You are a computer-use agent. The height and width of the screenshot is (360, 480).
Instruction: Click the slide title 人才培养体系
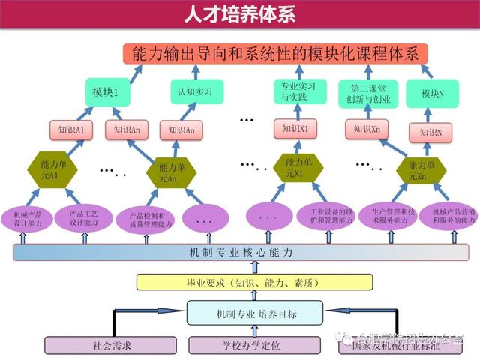pos(239,14)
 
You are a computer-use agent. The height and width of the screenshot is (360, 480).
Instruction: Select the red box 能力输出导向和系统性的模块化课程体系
pos(277,53)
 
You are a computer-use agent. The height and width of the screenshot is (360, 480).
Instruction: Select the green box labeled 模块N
pos(432,93)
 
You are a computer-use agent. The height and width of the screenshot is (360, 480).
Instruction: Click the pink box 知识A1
pos(71,130)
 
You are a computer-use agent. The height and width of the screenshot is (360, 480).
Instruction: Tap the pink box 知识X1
pos(294,129)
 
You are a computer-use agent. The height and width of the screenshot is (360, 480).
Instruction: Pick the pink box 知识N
pos(430,133)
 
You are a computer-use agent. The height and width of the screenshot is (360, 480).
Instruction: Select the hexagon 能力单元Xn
pos(416,170)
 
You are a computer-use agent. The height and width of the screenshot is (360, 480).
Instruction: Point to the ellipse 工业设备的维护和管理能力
pos(325,216)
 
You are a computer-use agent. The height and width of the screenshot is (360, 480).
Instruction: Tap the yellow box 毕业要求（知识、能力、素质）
pos(253,282)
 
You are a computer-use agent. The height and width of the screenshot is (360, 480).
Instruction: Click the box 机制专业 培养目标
pos(254,312)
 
